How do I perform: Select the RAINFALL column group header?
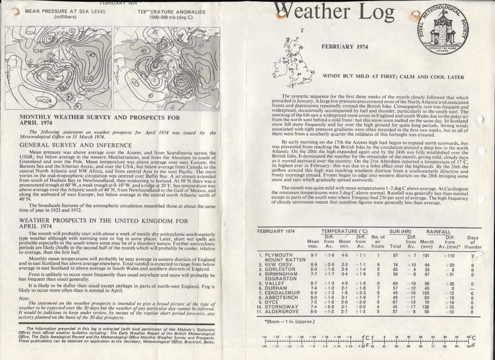(x=438, y=232)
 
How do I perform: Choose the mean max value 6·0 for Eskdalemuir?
(x=313, y=293)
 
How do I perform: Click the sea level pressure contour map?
(x=58, y=69)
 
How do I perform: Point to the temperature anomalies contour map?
(x=166, y=69)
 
